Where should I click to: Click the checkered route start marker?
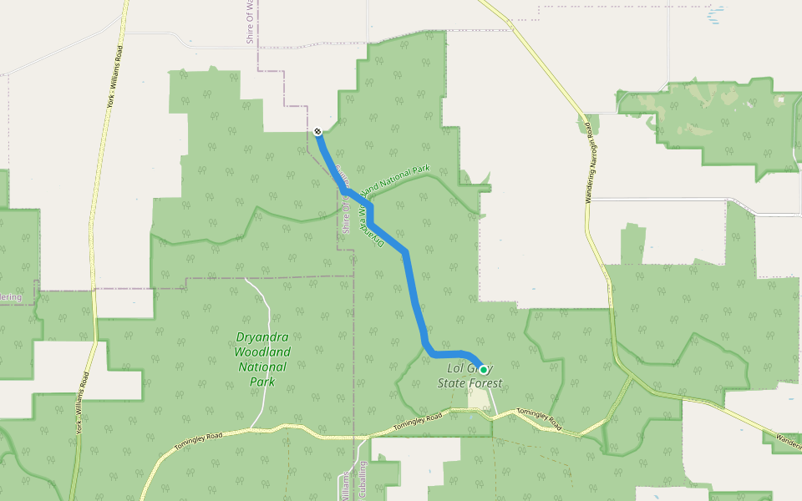tap(318, 131)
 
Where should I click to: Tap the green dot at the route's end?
tap(483, 369)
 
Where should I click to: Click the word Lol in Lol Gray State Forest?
tap(456, 368)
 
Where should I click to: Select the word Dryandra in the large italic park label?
tap(262, 338)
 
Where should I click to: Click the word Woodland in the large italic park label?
tap(262, 352)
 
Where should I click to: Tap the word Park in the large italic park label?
tap(262, 382)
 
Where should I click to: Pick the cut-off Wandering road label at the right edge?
tap(789, 436)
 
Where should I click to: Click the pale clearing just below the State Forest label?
tap(480, 398)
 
